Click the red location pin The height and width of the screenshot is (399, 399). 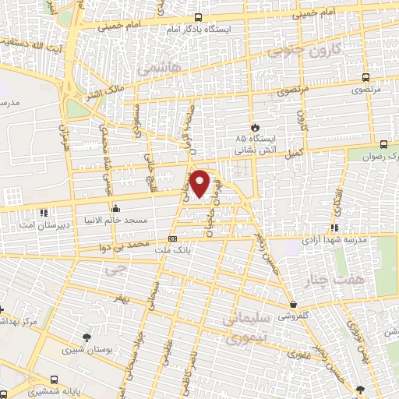(x=200, y=182)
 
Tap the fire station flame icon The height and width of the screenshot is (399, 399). (x=253, y=126)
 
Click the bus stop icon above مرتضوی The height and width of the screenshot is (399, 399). (x=365, y=77)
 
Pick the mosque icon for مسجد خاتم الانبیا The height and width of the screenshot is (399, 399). (x=115, y=208)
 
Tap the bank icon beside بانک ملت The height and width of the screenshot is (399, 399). (x=173, y=238)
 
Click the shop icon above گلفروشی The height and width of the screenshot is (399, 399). (x=292, y=304)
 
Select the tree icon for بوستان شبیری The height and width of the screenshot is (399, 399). (x=87, y=337)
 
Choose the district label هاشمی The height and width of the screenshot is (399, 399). (x=157, y=71)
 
